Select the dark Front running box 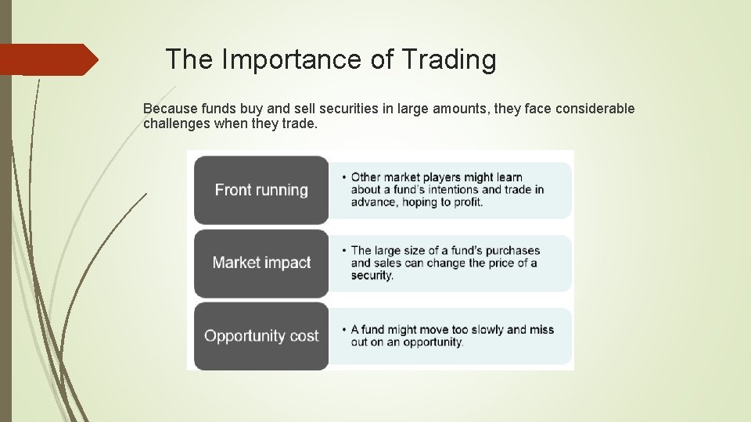click(261, 190)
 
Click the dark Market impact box click(261, 263)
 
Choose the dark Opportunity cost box click(261, 336)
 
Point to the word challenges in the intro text click(175, 123)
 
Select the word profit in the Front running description click(465, 202)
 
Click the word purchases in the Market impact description click(509, 251)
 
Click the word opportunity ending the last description click(433, 342)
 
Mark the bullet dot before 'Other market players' click(345, 177)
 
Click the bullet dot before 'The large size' click(345, 251)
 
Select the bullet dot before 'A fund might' click(345, 330)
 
